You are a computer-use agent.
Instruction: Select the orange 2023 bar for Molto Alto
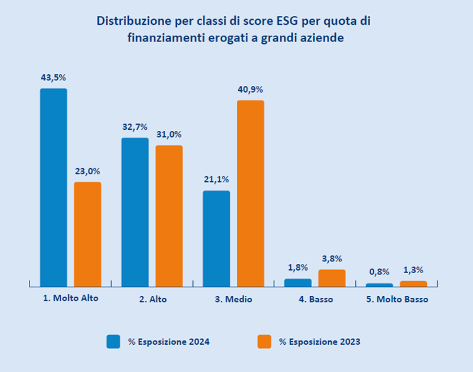tap(88, 234)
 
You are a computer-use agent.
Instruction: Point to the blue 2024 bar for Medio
tap(216, 239)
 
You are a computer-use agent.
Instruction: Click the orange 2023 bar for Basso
tap(332, 278)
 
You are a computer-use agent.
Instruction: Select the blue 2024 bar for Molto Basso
tap(379, 285)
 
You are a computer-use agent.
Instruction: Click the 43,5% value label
tap(53, 78)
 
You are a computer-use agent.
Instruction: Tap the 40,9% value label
tap(250, 90)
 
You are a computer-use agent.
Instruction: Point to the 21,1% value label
tap(216, 180)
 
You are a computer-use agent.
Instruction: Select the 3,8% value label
tap(332, 259)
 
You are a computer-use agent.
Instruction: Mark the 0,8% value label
tap(379, 273)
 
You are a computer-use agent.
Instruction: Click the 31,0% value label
tap(169, 135)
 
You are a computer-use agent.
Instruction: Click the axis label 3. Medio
tap(234, 300)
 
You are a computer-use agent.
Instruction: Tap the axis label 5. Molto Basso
tap(396, 300)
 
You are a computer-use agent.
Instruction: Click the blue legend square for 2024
tap(113, 341)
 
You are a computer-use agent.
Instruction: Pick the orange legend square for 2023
tap(264, 341)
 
